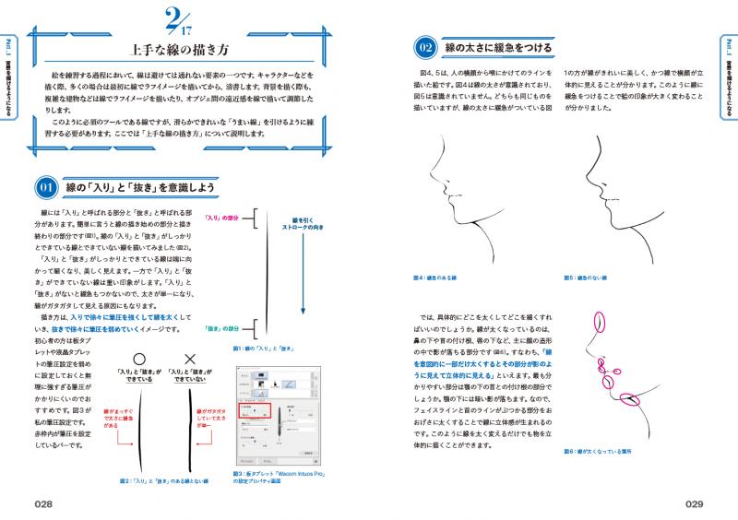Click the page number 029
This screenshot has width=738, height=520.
[x=691, y=502]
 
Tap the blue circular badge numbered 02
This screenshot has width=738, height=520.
[x=425, y=47]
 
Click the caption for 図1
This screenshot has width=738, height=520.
[x=263, y=349]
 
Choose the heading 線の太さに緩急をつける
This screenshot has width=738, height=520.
[x=498, y=47]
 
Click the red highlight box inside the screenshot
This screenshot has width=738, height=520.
[x=256, y=413]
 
